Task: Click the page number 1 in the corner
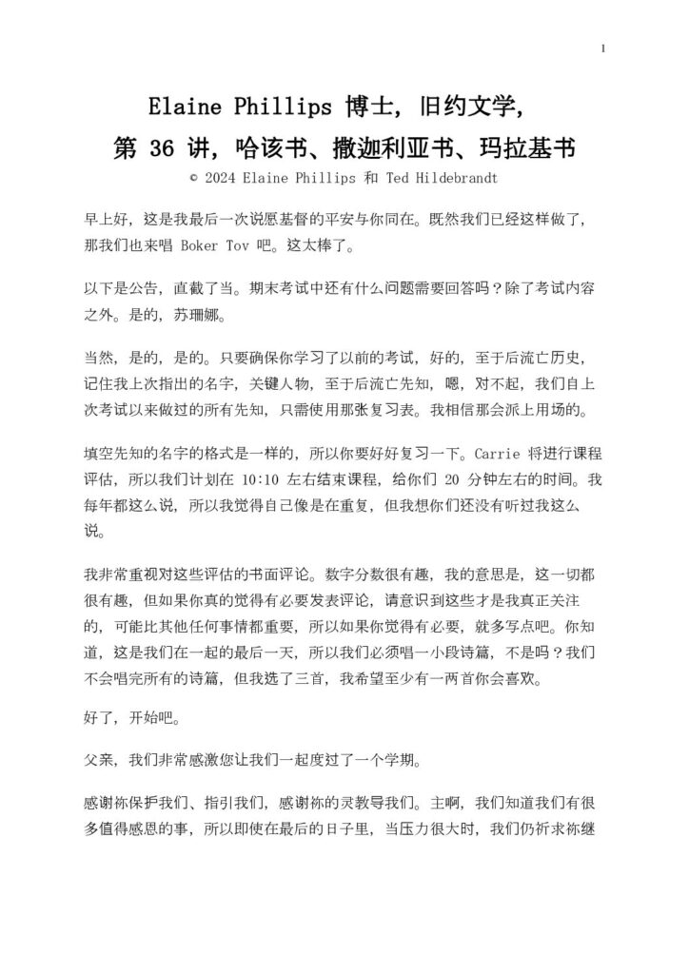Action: click(x=604, y=48)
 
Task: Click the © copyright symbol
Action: click(x=194, y=177)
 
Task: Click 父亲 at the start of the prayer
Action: click(x=96, y=760)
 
